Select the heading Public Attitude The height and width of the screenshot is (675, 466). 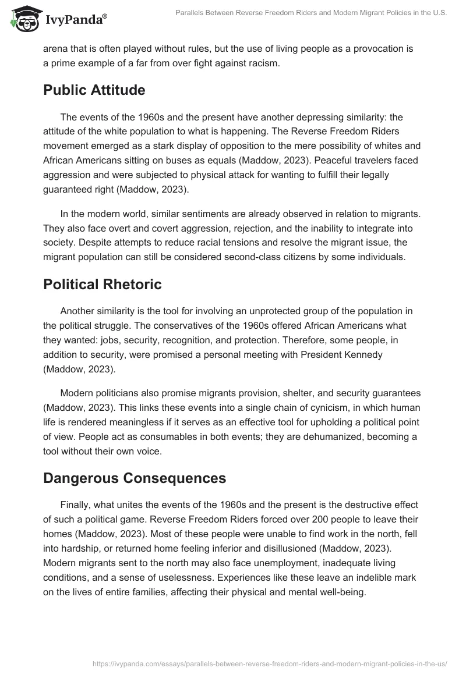click(94, 90)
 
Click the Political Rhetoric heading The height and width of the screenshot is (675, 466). click(102, 285)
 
